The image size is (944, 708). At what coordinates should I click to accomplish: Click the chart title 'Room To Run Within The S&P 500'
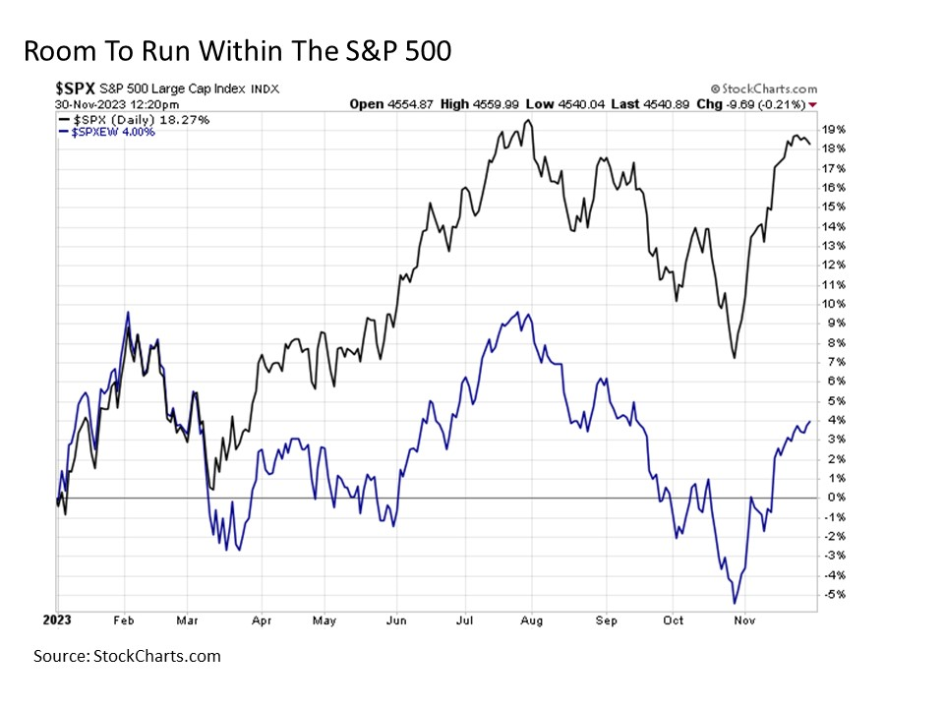237,51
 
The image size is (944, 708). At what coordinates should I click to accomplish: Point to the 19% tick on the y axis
834,129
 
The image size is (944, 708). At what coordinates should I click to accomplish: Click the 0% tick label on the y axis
836,498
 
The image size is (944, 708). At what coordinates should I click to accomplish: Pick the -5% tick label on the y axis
834,594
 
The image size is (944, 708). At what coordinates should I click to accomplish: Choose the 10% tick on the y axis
834,304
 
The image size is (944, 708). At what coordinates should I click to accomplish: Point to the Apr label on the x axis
262,621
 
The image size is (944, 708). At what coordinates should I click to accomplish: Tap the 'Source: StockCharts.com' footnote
127,656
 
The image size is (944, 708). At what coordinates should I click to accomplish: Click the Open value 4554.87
402,104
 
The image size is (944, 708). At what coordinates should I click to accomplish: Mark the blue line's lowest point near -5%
734,603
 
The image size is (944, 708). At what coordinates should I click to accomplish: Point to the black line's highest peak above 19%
528,120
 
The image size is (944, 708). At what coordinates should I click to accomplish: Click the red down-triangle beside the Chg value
812,104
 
